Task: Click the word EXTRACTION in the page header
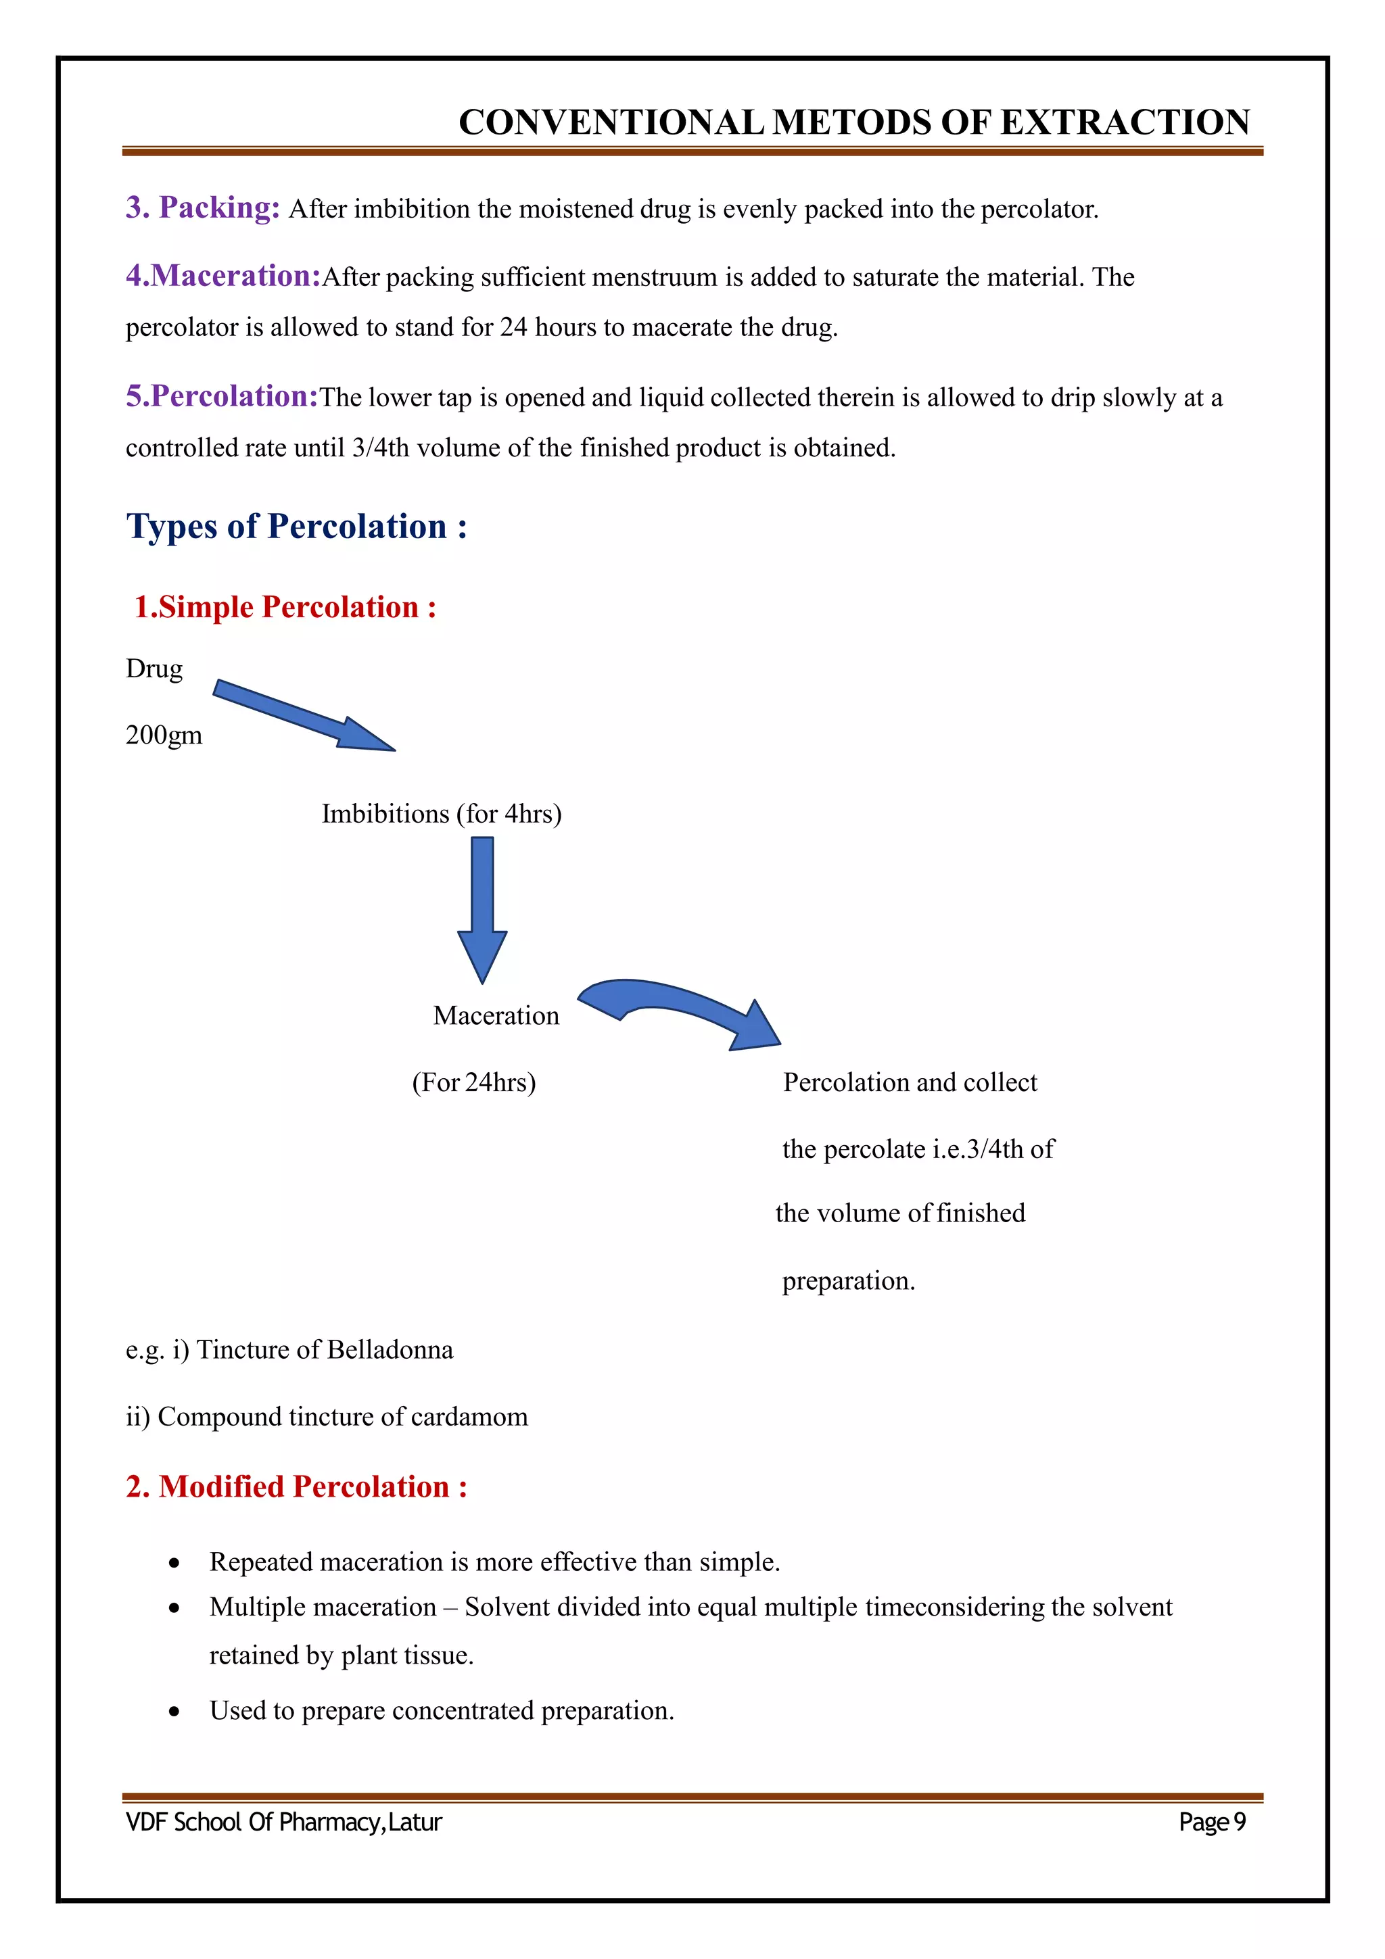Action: (x=1125, y=123)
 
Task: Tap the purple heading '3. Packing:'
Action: (x=202, y=208)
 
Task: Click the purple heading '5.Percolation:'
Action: (x=222, y=396)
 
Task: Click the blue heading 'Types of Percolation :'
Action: (x=296, y=527)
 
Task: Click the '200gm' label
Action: (x=164, y=735)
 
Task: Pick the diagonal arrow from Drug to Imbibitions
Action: (x=303, y=716)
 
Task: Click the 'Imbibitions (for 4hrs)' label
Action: (x=441, y=814)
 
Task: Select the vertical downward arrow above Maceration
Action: (x=482, y=909)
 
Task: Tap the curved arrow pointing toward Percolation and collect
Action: (x=679, y=1011)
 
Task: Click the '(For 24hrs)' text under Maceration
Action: (x=473, y=1083)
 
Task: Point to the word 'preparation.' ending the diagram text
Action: (x=848, y=1281)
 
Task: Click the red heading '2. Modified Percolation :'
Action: (x=296, y=1486)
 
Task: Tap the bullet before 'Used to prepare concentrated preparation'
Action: (x=174, y=1712)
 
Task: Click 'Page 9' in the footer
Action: (x=1212, y=1822)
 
